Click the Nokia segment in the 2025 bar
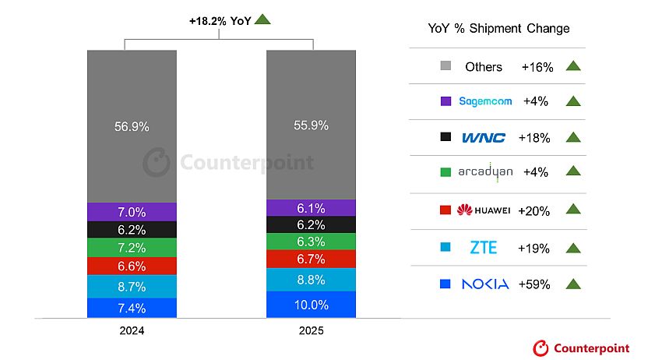pos(311,305)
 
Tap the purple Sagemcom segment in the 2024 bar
pos(132,212)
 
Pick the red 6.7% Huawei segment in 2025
pos(311,259)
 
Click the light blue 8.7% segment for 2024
pos(132,286)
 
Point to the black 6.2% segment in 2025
pos(311,224)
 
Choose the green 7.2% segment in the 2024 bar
pos(132,247)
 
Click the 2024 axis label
pos(132,330)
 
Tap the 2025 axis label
pos(311,330)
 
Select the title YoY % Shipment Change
pos(498,29)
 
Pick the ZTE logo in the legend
pos(484,249)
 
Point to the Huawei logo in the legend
pos(484,210)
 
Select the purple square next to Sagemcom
pos(446,101)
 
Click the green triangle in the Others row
pos(573,66)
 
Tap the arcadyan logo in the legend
pos(485,172)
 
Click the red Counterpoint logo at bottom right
pos(581,348)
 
